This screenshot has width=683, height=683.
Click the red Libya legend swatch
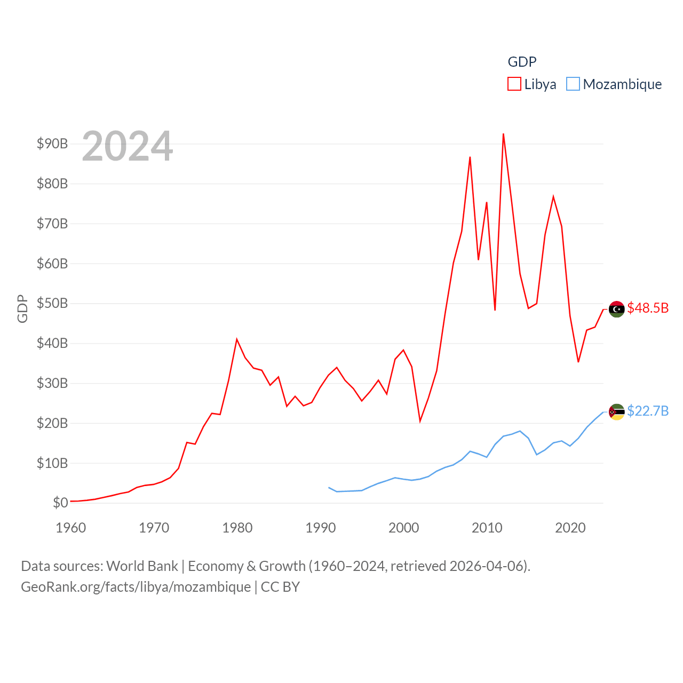514,84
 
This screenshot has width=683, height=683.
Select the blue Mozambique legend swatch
573,84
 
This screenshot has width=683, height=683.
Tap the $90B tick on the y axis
52,144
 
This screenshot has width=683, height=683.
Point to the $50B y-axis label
52,304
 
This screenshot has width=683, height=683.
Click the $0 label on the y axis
60,503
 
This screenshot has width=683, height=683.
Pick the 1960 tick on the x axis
71,528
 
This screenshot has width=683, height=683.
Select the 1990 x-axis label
321,528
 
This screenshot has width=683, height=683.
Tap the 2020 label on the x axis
570,528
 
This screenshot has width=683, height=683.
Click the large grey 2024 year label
128,146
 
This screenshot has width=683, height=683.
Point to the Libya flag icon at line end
616,309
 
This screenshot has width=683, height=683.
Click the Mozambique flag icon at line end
616,412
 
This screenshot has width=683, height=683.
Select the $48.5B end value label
648,308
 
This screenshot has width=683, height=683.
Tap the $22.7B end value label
648,411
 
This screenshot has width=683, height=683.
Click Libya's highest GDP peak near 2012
503,134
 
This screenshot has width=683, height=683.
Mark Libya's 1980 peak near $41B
237,339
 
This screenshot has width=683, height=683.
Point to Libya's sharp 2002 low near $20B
420,421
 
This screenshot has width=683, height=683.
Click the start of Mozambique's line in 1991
329,487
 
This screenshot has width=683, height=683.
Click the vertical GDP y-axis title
22,308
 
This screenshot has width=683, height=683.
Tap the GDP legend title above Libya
522,62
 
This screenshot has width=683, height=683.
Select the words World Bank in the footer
142,566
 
